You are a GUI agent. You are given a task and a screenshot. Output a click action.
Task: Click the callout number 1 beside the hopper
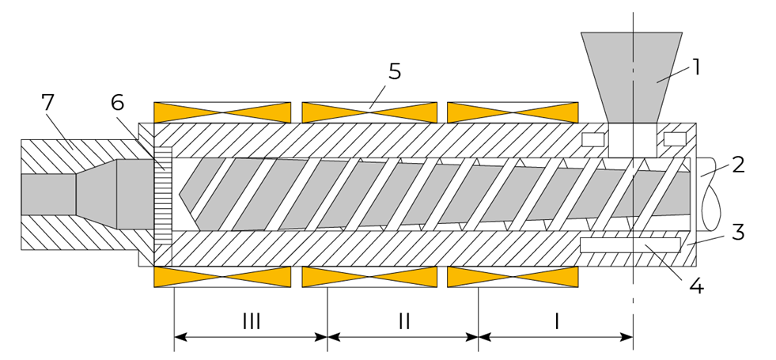[696, 67]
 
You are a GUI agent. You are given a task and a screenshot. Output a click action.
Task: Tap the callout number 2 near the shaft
[738, 165]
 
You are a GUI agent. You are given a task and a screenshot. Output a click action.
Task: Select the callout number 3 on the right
[738, 232]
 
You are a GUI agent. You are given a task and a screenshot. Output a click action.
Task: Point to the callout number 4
[696, 286]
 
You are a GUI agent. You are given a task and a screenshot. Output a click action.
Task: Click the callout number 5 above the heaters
[395, 72]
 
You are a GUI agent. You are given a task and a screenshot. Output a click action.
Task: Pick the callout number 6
[117, 103]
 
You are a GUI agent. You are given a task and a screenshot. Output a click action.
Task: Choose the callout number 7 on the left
[47, 103]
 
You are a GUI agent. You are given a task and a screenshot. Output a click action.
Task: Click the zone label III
[252, 322]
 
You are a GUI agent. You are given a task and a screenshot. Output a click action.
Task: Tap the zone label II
[404, 322]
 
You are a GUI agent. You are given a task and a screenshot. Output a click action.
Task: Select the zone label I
[556, 322]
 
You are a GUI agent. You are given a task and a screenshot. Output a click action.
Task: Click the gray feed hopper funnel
[632, 78]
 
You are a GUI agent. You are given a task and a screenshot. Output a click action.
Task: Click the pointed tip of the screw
[179, 195]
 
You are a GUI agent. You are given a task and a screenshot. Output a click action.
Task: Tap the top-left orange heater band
[222, 112]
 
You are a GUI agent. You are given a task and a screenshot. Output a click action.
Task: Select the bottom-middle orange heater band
[369, 277]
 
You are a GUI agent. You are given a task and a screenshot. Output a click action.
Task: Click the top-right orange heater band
[513, 112]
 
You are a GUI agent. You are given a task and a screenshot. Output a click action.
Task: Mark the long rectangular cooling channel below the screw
[630, 245]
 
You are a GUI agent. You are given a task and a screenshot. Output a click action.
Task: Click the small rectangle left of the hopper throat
[593, 139]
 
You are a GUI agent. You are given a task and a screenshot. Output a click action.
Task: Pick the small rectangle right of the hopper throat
[675, 139]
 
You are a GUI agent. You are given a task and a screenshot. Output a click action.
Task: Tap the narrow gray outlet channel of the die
[48, 194]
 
